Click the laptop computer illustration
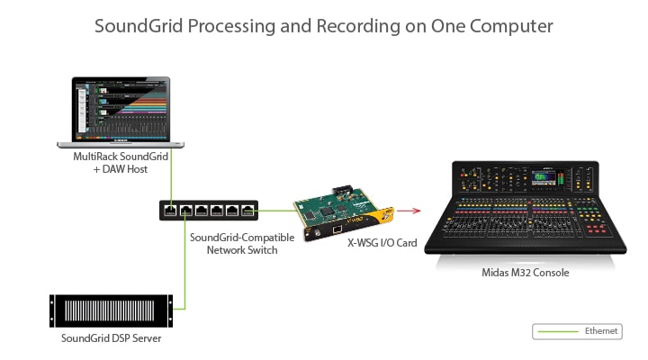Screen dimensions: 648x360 pos(121,112)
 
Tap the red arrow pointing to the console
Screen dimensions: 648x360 pos(409,211)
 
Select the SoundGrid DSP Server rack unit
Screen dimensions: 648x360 pos(111,310)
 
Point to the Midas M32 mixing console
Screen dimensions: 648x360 pos(526,208)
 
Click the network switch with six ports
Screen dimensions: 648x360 pos(209,210)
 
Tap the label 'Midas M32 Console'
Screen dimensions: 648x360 pos(526,273)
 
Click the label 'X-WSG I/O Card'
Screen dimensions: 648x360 pos(382,243)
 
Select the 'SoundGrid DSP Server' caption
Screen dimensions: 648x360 pos(112,338)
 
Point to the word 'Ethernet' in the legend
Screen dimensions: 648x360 pos(601,331)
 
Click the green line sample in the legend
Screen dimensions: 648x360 pos(557,331)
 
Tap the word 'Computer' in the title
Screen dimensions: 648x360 pos(511,26)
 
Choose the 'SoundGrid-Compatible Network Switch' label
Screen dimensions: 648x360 pos(242,243)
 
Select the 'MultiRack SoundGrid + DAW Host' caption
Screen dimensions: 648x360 pos(121,162)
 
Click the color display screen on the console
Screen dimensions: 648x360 pos(544,176)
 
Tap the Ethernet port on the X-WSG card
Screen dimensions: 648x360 pos(337,229)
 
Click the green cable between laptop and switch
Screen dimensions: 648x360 pos(171,177)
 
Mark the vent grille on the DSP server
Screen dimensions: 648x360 pos(110,310)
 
